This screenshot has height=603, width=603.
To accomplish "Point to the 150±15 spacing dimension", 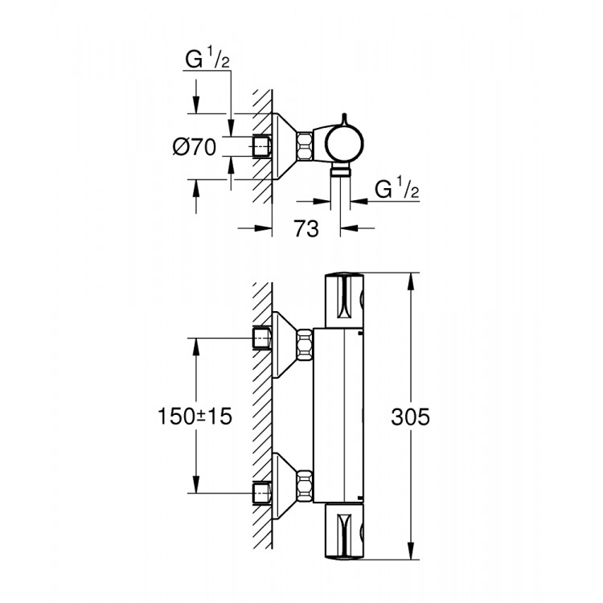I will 195,416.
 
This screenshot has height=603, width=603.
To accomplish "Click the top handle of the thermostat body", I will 343,301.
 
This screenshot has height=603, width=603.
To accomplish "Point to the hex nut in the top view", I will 305,146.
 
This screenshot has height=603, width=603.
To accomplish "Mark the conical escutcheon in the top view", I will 285,146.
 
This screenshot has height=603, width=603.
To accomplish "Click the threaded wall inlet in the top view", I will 262,146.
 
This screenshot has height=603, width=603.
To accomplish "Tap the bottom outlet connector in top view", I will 342,170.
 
